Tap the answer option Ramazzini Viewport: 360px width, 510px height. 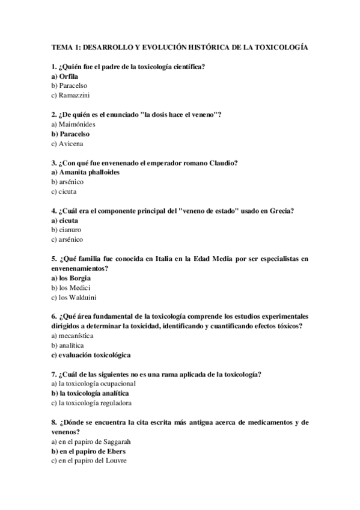(x=75, y=96)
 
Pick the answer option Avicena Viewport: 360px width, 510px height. (x=71, y=144)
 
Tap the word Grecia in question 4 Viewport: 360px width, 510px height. (x=281, y=211)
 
